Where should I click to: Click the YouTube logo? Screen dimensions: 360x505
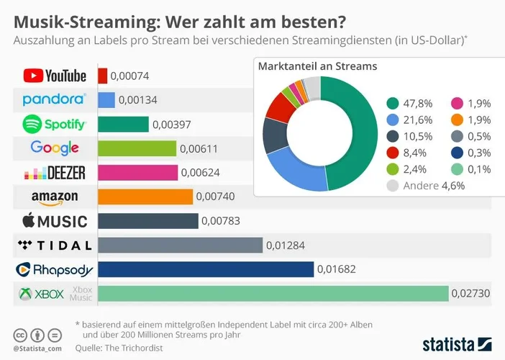[55, 76]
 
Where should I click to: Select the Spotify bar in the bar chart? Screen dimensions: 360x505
[123, 125]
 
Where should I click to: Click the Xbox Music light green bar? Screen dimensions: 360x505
[273, 294]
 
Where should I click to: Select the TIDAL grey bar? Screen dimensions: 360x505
[180, 246]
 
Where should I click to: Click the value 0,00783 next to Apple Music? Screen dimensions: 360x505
[221, 221]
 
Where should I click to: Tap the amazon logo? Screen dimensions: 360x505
[55, 197]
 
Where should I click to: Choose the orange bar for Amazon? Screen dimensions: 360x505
[145, 197]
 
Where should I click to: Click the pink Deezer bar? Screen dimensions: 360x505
[137, 173]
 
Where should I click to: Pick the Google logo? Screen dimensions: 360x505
[55, 148]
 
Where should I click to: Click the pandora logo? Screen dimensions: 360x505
[55, 99]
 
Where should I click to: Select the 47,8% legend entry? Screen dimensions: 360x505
[411, 104]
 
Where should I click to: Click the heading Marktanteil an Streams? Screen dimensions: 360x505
[317, 66]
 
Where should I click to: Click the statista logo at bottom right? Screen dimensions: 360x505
[456, 341]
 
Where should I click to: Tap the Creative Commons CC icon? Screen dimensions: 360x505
[19, 336]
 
